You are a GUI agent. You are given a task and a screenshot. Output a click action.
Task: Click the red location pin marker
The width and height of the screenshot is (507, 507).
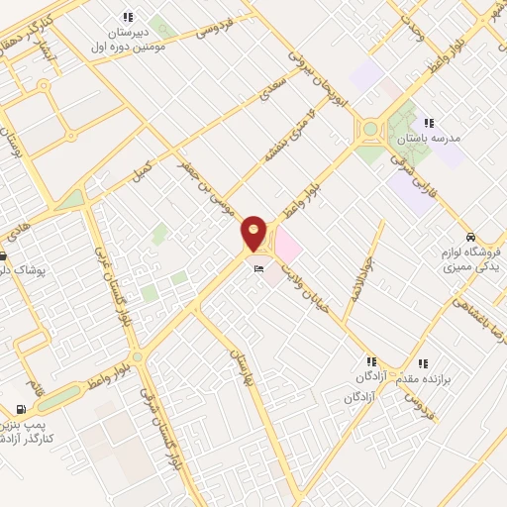pos(254,233)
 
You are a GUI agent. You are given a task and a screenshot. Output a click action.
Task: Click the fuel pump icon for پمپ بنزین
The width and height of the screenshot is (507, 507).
pos(21,409)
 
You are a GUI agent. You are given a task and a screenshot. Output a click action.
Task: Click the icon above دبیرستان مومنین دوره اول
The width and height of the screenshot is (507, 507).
pos(128,16)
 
